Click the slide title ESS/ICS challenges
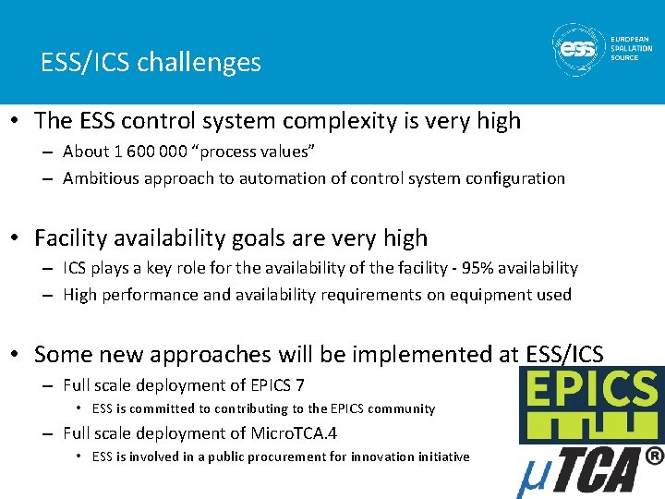pyautogui.click(x=151, y=63)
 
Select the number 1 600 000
pyautogui.click(x=145, y=152)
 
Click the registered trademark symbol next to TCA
pyautogui.click(x=654, y=455)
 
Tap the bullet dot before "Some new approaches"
pyautogui.click(x=17, y=355)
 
